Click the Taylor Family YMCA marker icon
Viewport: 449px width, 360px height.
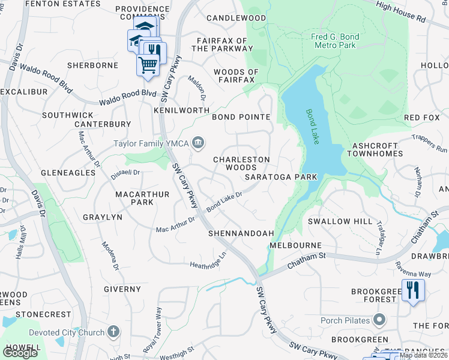pos(199,143)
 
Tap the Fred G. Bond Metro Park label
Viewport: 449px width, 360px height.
pos(335,41)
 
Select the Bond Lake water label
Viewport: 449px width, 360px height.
pos(312,126)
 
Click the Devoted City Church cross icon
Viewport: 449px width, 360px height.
pos(113,332)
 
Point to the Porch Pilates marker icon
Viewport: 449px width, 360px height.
pos(379,319)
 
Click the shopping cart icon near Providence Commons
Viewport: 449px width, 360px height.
pos(148,64)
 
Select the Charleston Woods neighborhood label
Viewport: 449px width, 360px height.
pos(242,163)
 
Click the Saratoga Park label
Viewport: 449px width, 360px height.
pos(280,177)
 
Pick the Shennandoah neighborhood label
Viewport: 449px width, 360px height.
pos(241,233)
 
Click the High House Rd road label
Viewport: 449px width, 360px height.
pos(401,11)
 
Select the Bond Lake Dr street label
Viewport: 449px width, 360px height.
pos(224,201)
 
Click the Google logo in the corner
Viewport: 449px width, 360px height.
pos(20,353)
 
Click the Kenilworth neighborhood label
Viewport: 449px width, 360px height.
pos(181,110)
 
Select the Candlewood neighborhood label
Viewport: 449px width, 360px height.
pos(236,18)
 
